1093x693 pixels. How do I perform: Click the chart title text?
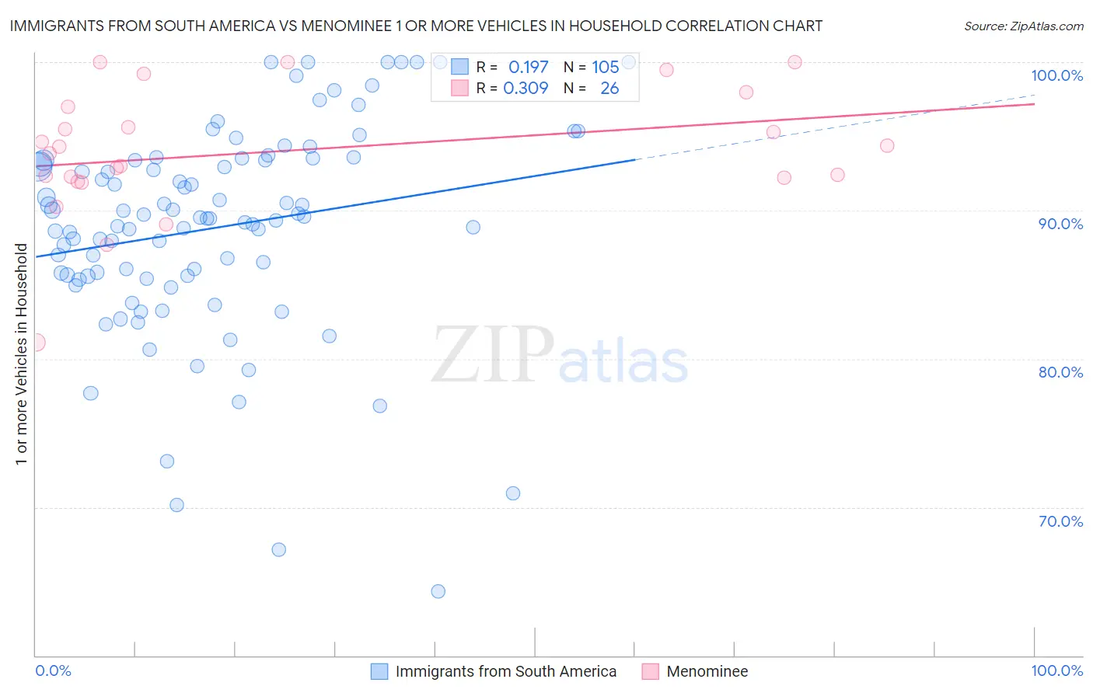(416, 26)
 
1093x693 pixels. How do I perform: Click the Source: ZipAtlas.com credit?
(1023, 26)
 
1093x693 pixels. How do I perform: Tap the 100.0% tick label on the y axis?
(1056, 75)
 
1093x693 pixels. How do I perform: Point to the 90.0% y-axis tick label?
(1060, 224)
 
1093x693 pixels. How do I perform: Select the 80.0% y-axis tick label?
(1060, 372)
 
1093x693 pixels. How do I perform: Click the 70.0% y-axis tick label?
(1060, 521)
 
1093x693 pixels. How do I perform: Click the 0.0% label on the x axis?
(53, 670)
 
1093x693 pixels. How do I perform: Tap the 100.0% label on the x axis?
(1056, 670)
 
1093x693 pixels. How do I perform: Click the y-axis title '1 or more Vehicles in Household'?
(21, 354)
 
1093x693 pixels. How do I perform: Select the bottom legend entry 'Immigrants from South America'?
(505, 671)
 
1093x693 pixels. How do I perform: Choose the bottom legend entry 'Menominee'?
(707, 671)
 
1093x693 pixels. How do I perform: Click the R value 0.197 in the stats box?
(528, 68)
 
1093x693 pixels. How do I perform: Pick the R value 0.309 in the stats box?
(526, 89)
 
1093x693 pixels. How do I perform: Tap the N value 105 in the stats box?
(605, 68)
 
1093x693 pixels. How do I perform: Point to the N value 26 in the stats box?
(609, 89)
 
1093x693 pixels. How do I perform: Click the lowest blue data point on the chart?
(438, 591)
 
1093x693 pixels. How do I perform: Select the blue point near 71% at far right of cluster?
(512, 493)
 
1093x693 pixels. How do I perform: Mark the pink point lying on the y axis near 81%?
(36, 343)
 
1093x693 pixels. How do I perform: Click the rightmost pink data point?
(886, 145)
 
